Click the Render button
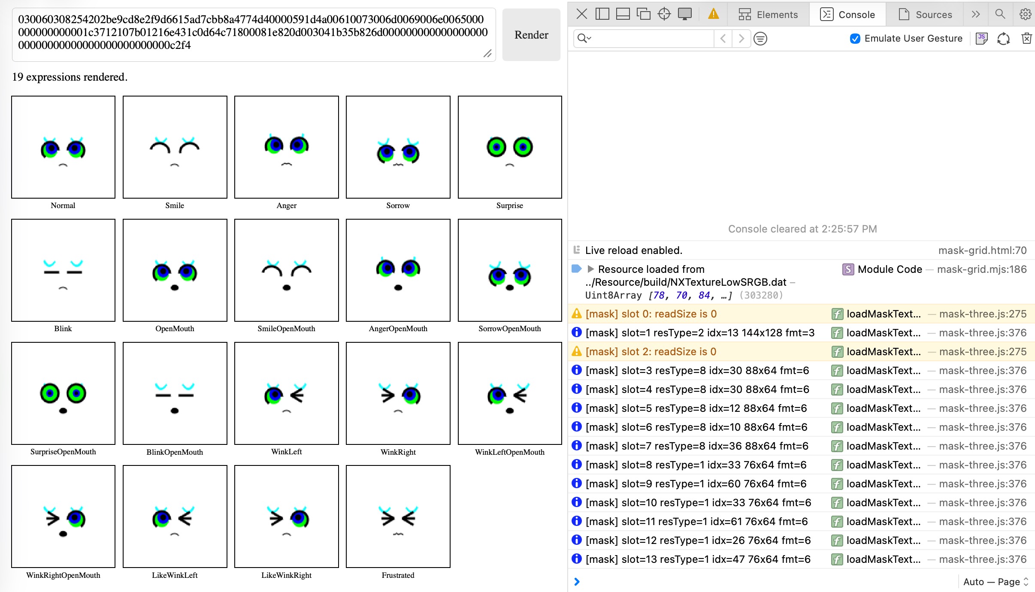pyautogui.click(x=531, y=35)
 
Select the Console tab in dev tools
pyautogui.click(x=847, y=15)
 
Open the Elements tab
pyautogui.click(x=768, y=15)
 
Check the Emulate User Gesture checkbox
pyautogui.click(x=855, y=39)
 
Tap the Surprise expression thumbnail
pyautogui.click(x=510, y=147)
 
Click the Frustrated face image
pyautogui.click(x=398, y=516)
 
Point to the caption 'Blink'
pyautogui.click(x=63, y=329)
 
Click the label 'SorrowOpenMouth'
pyautogui.click(x=510, y=329)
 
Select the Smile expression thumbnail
pyautogui.click(x=175, y=147)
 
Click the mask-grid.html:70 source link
pyautogui.click(x=982, y=251)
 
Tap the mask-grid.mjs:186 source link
pyautogui.click(x=982, y=269)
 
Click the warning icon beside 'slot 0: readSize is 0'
pyautogui.click(x=577, y=314)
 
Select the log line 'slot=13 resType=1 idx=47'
pyautogui.click(x=698, y=559)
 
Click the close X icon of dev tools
pyautogui.click(x=581, y=14)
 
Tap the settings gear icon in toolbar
pyautogui.click(x=1025, y=14)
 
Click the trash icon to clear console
pyautogui.click(x=1026, y=39)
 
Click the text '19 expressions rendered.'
pyautogui.click(x=70, y=77)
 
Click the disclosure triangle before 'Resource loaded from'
pyautogui.click(x=590, y=269)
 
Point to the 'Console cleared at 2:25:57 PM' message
pyautogui.click(x=802, y=229)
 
